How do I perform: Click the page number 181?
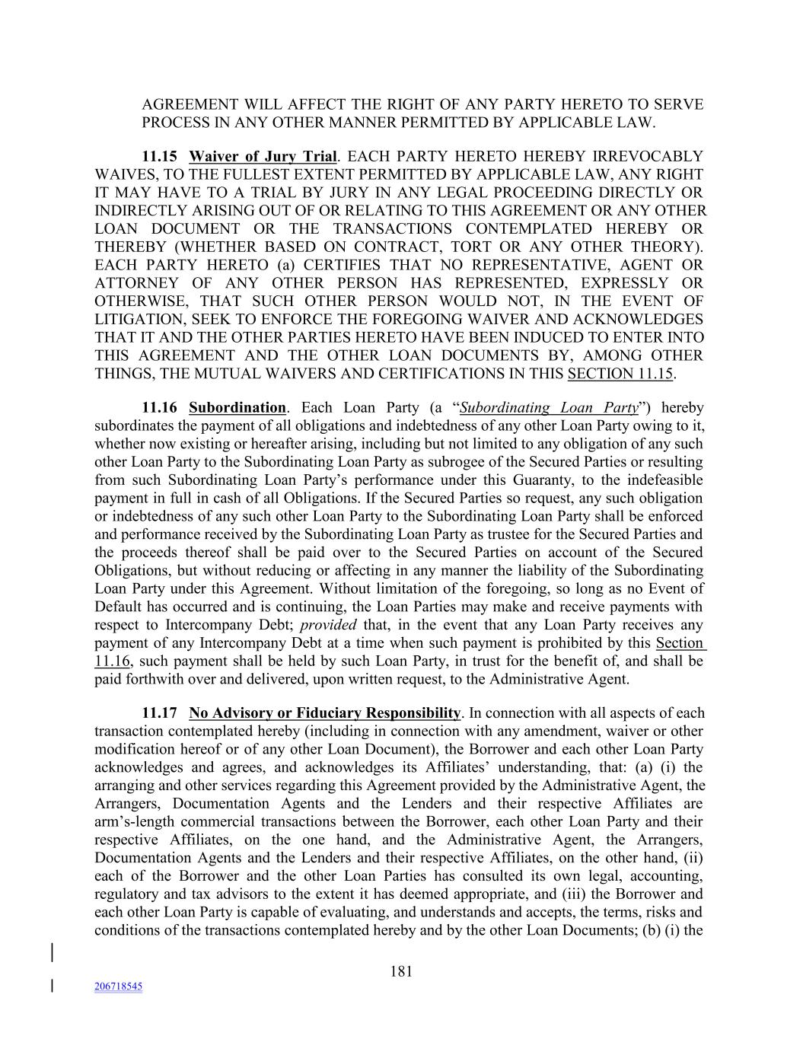click(401, 970)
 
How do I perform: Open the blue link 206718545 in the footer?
click(119, 986)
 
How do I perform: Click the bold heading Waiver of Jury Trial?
click(263, 157)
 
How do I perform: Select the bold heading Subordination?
click(237, 408)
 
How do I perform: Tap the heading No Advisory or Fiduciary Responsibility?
click(325, 713)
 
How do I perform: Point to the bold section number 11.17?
click(160, 713)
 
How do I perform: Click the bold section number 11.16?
click(160, 408)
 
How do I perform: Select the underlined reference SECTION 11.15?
click(621, 374)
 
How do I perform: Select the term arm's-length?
click(136, 822)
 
